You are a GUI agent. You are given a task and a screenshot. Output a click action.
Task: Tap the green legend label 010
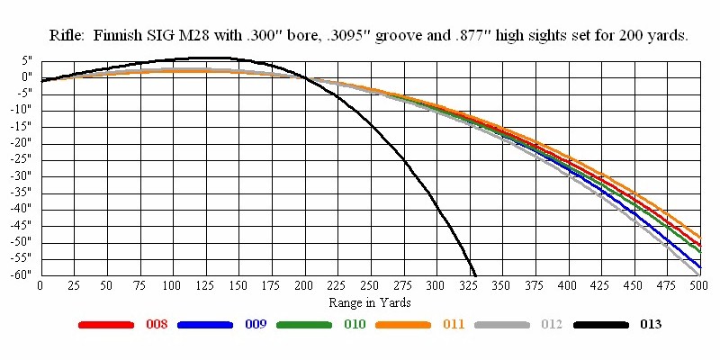354,324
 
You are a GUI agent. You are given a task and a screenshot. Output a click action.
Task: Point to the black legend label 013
650,324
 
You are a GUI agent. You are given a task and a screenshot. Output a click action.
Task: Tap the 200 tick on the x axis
303,285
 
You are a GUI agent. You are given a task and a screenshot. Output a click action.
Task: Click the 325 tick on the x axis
468,285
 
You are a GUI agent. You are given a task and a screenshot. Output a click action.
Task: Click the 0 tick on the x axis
40,285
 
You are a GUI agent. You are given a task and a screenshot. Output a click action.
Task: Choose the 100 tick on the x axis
171,285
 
